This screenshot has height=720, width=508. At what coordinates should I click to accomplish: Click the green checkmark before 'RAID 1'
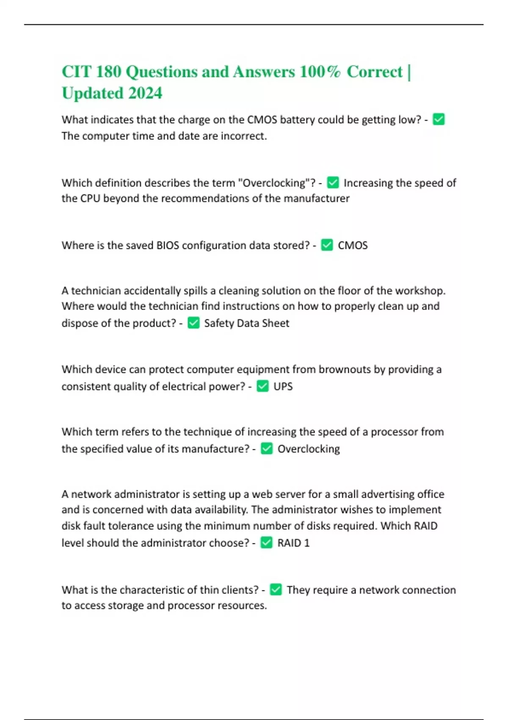pos(266,542)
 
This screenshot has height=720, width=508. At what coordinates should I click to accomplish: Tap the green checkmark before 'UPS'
pos(262,386)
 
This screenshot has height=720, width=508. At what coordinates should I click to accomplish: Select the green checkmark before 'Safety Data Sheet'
pos(193,323)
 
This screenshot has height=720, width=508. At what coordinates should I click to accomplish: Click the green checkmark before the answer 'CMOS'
pos(327,245)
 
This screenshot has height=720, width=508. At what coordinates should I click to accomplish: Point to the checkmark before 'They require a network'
pos(276,589)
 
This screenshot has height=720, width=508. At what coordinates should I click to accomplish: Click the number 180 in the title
pos(108,72)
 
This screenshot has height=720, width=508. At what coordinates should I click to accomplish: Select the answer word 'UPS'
pos(283,386)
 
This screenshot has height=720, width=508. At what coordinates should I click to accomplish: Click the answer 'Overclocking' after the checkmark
pos(309,449)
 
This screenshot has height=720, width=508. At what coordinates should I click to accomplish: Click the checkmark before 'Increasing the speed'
pos(333,183)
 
